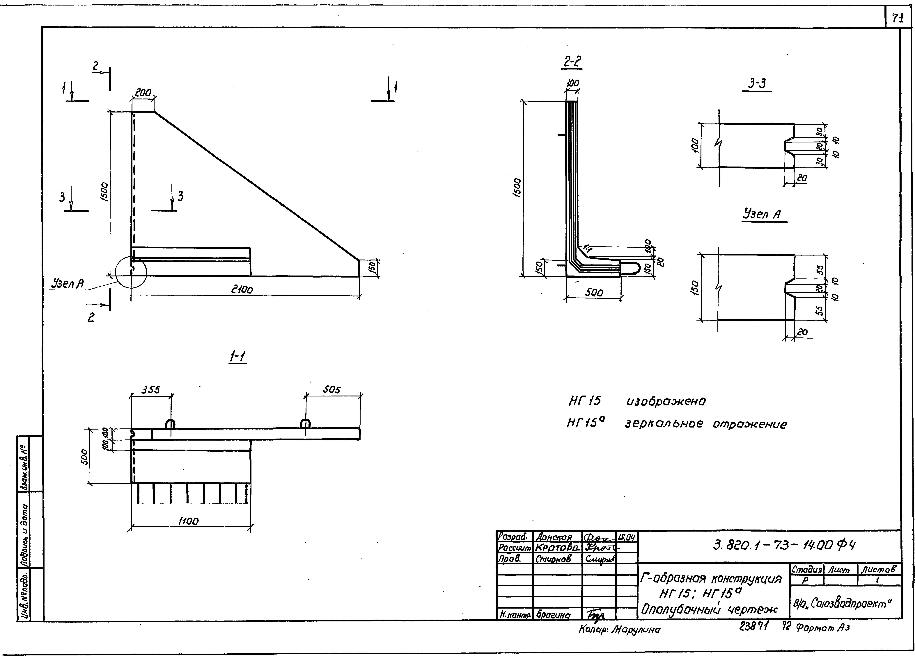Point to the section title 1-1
[x=238, y=357]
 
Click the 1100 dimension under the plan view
[x=188, y=521]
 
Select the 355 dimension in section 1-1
[x=150, y=390]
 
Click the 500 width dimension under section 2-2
[x=594, y=293]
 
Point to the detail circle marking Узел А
[x=131, y=273]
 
